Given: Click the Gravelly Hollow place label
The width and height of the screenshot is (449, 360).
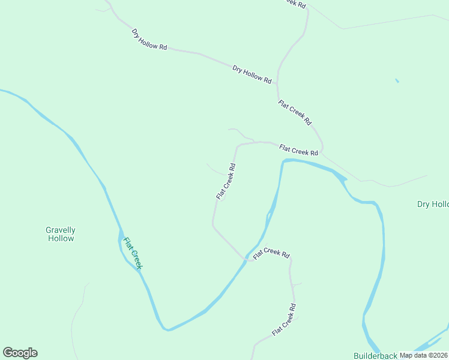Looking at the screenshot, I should pos(61,234).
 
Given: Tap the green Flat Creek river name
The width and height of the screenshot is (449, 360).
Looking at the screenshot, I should pos(132,253).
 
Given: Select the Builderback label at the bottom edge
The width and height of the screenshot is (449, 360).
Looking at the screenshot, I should pos(375,355).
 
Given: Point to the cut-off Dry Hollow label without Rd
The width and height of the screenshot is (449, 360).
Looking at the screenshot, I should pos(433,204).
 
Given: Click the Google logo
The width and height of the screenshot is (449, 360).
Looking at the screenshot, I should pos(20,353).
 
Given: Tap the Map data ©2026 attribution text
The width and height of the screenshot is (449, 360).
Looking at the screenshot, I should pos(423,355).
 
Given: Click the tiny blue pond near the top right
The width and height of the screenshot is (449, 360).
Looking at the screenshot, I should pos(397,80).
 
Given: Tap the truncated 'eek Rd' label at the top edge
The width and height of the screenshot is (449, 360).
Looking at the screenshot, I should pos(294,3).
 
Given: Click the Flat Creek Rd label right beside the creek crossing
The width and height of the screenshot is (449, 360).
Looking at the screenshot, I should pos(271,254).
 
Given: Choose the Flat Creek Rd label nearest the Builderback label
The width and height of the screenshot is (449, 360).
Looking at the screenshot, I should pos(284,320).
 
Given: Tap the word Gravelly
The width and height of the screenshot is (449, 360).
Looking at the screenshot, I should pos(61,230).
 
